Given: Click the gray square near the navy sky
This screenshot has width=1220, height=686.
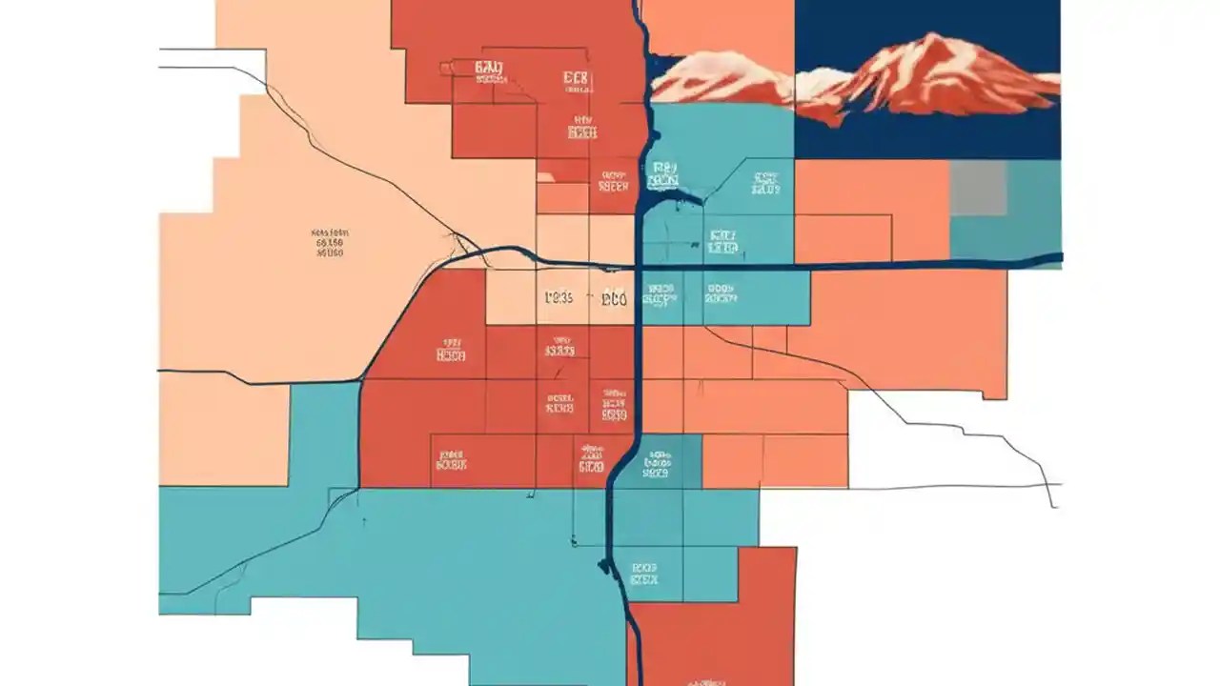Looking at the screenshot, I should point(978,187).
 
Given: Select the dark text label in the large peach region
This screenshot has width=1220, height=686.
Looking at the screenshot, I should point(329,243).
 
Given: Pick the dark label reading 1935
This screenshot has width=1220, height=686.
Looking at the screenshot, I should point(559,298).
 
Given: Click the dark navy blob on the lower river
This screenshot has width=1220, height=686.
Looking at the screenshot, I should point(604,566).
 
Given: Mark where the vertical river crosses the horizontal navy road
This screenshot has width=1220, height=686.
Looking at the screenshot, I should point(638,267).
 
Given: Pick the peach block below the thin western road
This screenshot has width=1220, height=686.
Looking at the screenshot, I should point(223,429).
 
